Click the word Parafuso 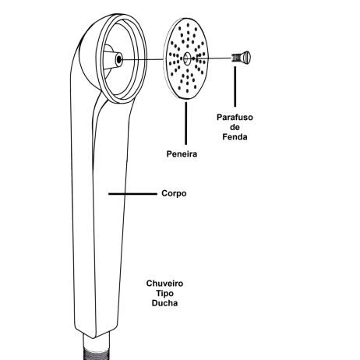click(x=235, y=117)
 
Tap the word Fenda click(x=235, y=137)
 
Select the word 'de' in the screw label click(x=235, y=127)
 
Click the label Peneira click(x=182, y=154)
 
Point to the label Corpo click(x=174, y=193)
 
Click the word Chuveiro click(x=164, y=284)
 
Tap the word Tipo click(x=164, y=293)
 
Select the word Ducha click(x=164, y=303)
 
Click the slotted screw click(x=241, y=58)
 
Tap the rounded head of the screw click(x=245, y=58)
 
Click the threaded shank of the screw click(x=235, y=58)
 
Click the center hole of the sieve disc click(x=187, y=58)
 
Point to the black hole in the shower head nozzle click(x=119, y=59)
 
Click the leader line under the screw click(x=235, y=86)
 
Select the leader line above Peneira click(x=185, y=123)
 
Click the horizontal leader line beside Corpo click(x=132, y=194)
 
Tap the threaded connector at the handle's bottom click(x=97, y=348)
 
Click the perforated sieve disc click(x=186, y=58)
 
